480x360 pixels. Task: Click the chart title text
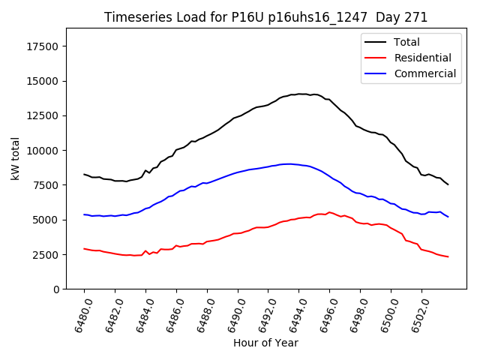[x=265, y=17]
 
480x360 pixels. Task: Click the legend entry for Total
[x=407, y=42]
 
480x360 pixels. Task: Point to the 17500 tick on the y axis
[x=42, y=46]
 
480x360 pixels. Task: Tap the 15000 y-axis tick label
[x=42, y=81]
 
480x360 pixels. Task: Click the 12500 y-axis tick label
[x=42, y=115]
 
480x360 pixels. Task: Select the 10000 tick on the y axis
[x=42, y=151]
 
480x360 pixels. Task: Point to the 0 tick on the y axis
[x=56, y=289]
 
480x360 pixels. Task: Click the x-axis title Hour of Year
[x=265, y=343]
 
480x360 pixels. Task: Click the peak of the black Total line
[x=300, y=94]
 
